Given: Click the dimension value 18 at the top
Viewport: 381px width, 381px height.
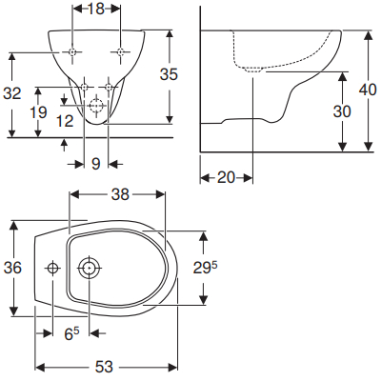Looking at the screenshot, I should (96, 10).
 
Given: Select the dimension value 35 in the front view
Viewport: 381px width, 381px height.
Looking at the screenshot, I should (169, 73).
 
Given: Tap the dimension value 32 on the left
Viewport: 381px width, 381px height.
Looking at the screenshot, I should (12, 93).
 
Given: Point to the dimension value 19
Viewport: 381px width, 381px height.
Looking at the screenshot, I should (37, 111).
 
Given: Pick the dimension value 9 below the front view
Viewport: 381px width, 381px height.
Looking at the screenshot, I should (96, 164).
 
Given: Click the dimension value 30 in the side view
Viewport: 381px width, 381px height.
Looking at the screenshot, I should (342, 110).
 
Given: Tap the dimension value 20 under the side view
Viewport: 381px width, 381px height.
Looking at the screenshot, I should (226, 178).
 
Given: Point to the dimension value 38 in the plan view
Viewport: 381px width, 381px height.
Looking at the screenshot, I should (118, 195).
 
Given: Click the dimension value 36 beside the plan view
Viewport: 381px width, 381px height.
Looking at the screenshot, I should (12, 269).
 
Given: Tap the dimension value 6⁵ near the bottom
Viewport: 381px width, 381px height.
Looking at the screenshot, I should (70, 333).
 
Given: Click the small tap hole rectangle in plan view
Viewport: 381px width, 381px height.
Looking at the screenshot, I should (50, 269).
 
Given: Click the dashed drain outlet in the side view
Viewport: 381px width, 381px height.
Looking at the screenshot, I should (251, 70).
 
